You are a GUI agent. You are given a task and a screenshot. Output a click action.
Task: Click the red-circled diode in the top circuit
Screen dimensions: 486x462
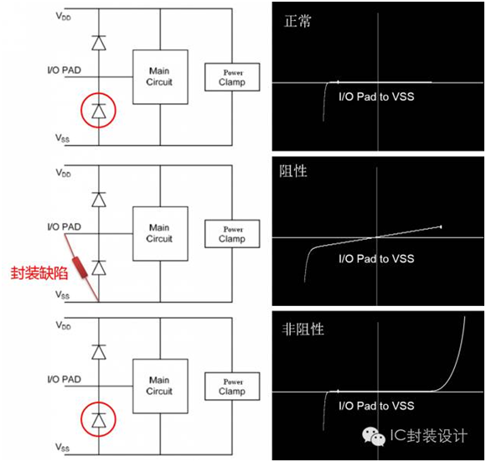point(99,112)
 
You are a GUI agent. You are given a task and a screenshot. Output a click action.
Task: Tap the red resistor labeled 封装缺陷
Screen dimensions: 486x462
point(80,267)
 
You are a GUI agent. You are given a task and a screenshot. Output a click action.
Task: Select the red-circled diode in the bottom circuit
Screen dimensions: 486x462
point(99,420)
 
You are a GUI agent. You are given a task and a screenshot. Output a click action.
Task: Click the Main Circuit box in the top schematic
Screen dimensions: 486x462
point(160,77)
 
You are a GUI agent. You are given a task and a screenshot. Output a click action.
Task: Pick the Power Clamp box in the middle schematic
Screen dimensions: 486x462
point(232,234)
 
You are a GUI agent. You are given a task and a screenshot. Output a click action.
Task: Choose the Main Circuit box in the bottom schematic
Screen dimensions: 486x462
point(160,386)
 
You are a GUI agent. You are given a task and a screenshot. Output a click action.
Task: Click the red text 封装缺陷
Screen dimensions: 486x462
point(39,273)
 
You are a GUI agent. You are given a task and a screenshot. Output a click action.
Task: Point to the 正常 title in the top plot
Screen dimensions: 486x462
point(297,22)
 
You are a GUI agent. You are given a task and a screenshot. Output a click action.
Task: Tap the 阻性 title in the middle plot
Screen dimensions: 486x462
point(293,171)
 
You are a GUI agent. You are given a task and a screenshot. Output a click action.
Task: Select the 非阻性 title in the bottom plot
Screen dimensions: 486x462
point(302,329)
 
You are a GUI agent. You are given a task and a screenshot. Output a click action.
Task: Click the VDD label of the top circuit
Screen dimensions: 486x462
point(63,16)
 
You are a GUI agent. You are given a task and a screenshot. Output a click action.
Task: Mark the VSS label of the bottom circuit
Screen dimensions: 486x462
point(63,447)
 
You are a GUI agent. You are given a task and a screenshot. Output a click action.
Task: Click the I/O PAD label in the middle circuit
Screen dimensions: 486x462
point(65,226)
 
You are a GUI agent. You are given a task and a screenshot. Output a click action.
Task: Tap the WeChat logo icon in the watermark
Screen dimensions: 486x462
point(374,436)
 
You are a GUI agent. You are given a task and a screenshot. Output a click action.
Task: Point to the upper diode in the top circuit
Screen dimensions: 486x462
point(99,43)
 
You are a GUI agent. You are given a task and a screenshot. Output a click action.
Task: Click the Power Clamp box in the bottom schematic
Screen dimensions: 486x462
point(232,387)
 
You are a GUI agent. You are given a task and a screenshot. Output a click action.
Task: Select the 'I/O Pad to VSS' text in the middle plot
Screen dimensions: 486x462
point(376,258)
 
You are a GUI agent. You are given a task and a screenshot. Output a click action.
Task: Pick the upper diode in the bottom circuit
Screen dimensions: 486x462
point(99,352)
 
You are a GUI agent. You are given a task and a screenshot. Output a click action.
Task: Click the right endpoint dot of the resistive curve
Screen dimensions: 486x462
point(441,227)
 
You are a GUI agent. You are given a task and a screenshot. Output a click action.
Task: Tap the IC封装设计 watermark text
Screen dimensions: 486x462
point(429,436)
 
